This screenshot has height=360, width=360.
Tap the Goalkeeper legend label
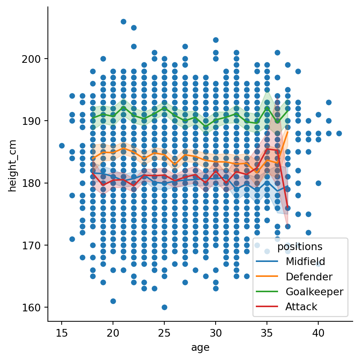point(314,291)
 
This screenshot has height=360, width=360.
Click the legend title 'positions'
point(300,247)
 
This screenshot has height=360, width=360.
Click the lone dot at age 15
point(62,146)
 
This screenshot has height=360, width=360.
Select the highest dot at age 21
point(123,21)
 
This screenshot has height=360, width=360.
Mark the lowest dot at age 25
point(164,307)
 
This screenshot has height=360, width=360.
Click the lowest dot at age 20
point(113,301)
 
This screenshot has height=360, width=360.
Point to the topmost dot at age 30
point(216,40)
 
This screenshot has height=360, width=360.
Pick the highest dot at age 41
point(329,102)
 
